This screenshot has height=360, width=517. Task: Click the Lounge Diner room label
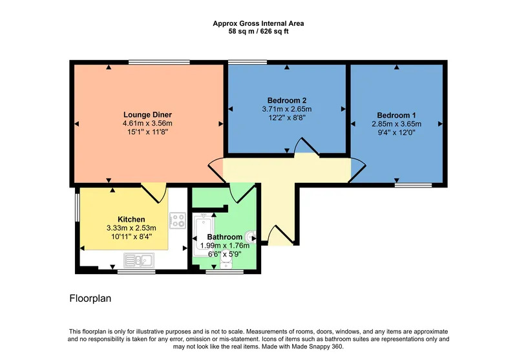pyautogui.click(x=147, y=115)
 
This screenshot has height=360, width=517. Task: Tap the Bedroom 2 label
pyautogui.click(x=287, y=101)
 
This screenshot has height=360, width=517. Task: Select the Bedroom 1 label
pyautogui.click(x=396, y=116)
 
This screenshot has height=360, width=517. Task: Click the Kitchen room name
pyautogui.click(x=131, y=219)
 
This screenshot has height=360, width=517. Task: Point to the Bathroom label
pyautogui.click(x=224, y=237)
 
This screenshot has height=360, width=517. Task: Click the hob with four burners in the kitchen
pyautogui.click(x=178, y=220)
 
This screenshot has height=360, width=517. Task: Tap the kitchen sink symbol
pyautogui.click(x=139, y=260)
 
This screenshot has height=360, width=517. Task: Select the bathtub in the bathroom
pyautogui.click(x=204, y=235)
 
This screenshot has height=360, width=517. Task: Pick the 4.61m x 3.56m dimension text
pyautogui.click(x=147, y=123)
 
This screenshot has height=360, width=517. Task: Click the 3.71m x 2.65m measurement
pyautogui.click(x=287, y=109)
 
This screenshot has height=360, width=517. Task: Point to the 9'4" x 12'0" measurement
pyautogui.click(x=396, y=133)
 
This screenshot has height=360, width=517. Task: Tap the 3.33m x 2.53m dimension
pyautogui.click(x=131, y=228)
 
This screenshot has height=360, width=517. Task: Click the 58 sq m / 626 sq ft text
pyautogui.click(x=258, y=32)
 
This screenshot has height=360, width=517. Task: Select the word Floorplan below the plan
pyautogui.click(x=90, y=299)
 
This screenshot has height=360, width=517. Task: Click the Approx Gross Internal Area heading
pyautogui.click(x=258, y=23)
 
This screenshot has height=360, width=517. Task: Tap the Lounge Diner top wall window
pyautogui.click(x=159, y=62)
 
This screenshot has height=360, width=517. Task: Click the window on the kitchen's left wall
pyautogui.click(x=77, y=207)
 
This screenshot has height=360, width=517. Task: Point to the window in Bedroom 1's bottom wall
pyautogui.click(x=414, y=185)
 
